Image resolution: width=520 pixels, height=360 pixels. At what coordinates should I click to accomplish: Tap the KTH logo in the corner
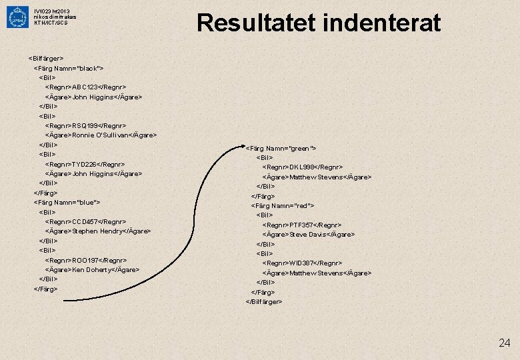point(17,17)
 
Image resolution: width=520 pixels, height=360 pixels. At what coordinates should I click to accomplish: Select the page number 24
point(504,343)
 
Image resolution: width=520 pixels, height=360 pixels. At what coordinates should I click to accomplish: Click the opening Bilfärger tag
point(46,58)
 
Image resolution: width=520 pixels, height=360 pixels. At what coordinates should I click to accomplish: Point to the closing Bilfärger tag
point(264,301)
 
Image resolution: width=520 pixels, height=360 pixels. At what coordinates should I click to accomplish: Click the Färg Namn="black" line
point(69,68)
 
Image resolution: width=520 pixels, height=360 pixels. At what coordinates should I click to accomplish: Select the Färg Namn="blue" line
point(67,202)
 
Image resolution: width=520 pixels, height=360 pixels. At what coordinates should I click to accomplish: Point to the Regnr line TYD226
point(85,164)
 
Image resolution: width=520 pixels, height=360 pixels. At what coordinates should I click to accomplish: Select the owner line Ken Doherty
point(97,269)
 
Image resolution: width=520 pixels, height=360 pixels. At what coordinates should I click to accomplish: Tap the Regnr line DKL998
point(303,167)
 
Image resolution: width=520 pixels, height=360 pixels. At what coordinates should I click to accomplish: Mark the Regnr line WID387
point(303,263)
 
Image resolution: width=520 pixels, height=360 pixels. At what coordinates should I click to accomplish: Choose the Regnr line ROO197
point(85,259)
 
